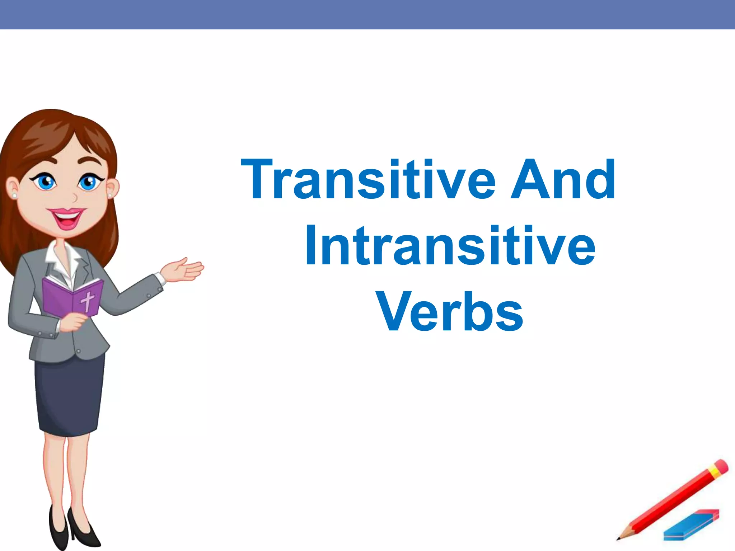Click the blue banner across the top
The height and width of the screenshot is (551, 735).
[367, 14]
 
